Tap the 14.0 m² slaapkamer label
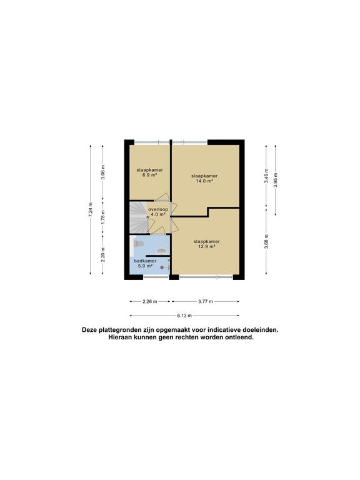[x=204, y=179]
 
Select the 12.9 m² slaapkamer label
[x=206, y=244]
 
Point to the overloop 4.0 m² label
[x=157, y=212]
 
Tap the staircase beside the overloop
[x=137, y=218]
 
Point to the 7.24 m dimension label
[x=91, y=209]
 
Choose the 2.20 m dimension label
[x=102, y=254]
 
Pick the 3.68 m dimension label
[x=267, y=243]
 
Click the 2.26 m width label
[x=149, y=301]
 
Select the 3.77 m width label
[x=205, y=301]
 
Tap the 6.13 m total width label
[x=184, y=316]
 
